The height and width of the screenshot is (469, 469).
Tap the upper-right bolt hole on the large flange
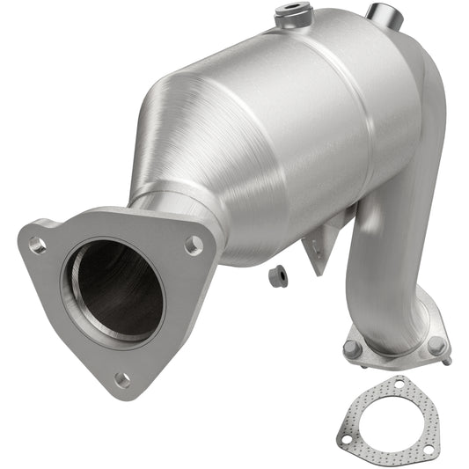point(194,245)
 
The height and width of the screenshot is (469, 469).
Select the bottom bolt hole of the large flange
point(123,380)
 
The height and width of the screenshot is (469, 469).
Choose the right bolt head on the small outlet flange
point(436,345)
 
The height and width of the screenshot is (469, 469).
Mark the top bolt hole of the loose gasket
point(400,385)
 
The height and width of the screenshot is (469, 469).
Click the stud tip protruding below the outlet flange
point(447,361)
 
